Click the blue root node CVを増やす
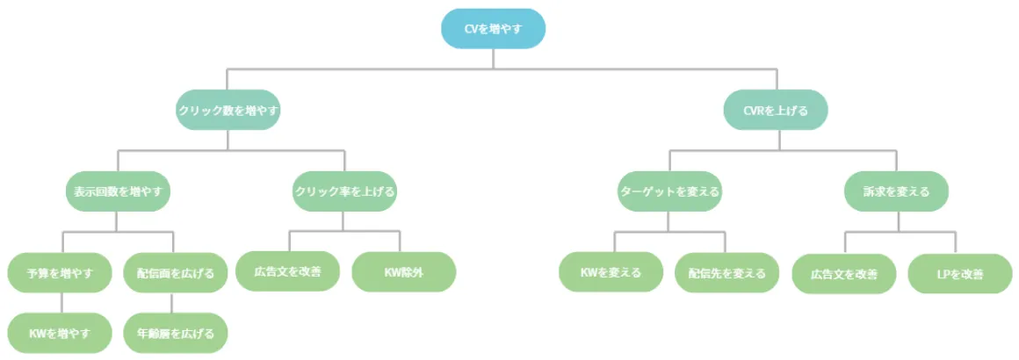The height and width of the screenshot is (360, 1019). (x=493, y=29)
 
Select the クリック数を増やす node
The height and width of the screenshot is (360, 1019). (x=228, y=111)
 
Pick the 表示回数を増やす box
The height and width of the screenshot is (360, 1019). (x=117, y=191)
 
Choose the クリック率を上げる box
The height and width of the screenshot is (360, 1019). (x=344, y=191)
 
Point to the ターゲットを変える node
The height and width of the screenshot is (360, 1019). (x=669, y=191)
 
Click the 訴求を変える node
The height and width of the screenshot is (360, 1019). (x=897, y=191)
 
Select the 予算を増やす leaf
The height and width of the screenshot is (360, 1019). (x=60, y=272)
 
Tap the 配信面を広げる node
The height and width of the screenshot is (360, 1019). (x=175, y=272)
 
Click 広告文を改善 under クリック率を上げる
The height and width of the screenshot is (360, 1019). (x=287, y=271)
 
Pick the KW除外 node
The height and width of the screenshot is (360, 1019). (x=403, y=272)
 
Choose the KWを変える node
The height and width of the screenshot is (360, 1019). (x=611, y=272)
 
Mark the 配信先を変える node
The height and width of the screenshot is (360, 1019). (x=726, y=272)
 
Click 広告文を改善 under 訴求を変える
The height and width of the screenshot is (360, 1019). (x=844, y=273)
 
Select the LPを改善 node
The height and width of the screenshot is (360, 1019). (x=959, y=273)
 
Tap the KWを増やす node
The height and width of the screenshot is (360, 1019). (x=60, y=333)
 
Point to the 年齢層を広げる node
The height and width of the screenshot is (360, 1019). (x=175, y=333)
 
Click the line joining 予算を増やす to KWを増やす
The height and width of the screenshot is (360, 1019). (x=60, y=302)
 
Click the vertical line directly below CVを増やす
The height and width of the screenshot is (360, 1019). (x=493, y=57)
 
